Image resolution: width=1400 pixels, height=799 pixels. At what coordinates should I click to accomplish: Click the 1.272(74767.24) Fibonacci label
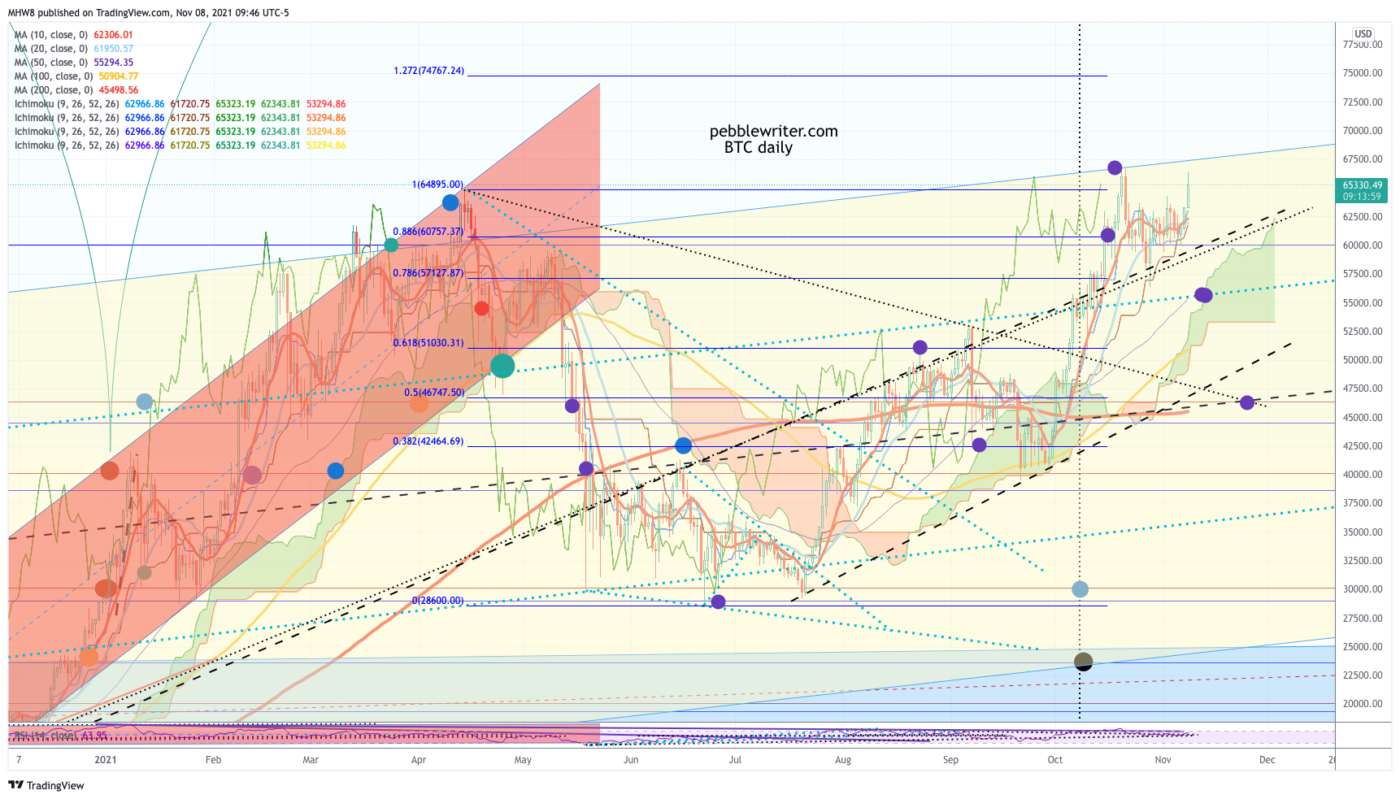coord(428,71)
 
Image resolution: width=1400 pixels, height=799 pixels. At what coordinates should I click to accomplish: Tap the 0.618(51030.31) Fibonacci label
coord(428,343)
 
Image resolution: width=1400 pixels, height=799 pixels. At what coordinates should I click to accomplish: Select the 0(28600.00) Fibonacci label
coord(437,601)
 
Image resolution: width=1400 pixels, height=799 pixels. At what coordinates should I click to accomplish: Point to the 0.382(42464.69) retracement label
coord(428,441)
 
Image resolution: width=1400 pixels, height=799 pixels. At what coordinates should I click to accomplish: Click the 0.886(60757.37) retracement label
coord(428,232)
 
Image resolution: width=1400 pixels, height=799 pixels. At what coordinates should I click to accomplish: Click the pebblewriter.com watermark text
coord(773,132)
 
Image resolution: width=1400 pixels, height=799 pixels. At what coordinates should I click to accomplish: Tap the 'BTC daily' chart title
coord(758,148)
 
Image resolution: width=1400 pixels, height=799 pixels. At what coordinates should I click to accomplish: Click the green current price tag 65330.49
coord(1362,190)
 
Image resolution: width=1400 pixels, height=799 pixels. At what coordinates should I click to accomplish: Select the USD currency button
coord(1363,34)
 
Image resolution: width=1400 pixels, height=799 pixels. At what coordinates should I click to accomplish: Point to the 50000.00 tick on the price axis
coord(1363,360)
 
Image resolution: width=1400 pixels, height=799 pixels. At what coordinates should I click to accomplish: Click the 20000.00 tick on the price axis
coord(1363,704)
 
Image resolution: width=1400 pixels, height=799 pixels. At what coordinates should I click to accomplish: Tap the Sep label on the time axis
coord(950,760)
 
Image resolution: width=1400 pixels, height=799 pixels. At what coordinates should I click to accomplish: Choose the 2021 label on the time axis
coord(105,760)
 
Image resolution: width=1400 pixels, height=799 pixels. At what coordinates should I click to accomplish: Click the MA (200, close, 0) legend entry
coord(76,90)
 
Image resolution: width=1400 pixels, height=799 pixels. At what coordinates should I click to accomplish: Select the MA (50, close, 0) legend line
coord(73,63)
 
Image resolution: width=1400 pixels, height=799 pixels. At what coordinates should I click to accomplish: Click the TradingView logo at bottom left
coord(46,785)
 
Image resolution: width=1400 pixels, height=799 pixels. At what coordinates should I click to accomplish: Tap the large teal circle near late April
coord(502,366)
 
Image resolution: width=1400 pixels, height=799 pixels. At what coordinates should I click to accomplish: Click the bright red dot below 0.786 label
coord(481,308)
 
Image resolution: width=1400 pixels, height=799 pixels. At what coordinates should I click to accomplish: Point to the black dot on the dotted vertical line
coord(1083,662)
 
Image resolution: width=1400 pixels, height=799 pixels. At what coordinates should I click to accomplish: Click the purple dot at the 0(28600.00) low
coord(718,601)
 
